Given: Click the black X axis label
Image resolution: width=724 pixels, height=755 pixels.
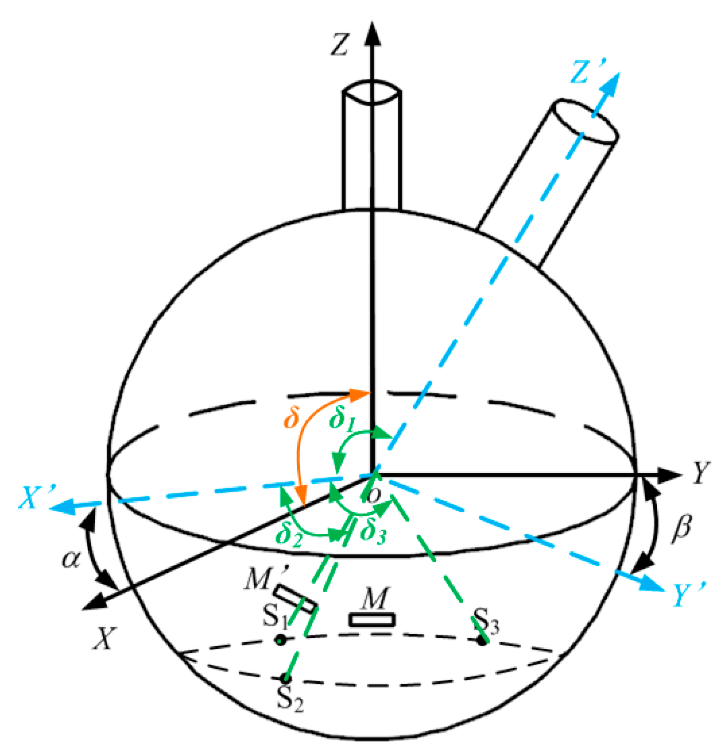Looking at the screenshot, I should pos(105,638).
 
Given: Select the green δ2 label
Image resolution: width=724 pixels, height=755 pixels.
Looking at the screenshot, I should pos(288,536).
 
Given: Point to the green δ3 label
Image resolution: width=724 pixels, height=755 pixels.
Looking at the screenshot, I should pos(373,532).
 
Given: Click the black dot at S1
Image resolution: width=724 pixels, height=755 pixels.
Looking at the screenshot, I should pos(280,640).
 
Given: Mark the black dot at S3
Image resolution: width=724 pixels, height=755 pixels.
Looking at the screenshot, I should pos(482,641).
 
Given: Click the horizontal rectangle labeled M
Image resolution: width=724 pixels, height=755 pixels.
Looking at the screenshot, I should pos(371,620).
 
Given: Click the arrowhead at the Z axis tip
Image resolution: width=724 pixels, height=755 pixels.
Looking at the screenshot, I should pos(372,33).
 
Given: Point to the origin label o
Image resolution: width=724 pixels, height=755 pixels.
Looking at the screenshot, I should pos(374,495).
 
